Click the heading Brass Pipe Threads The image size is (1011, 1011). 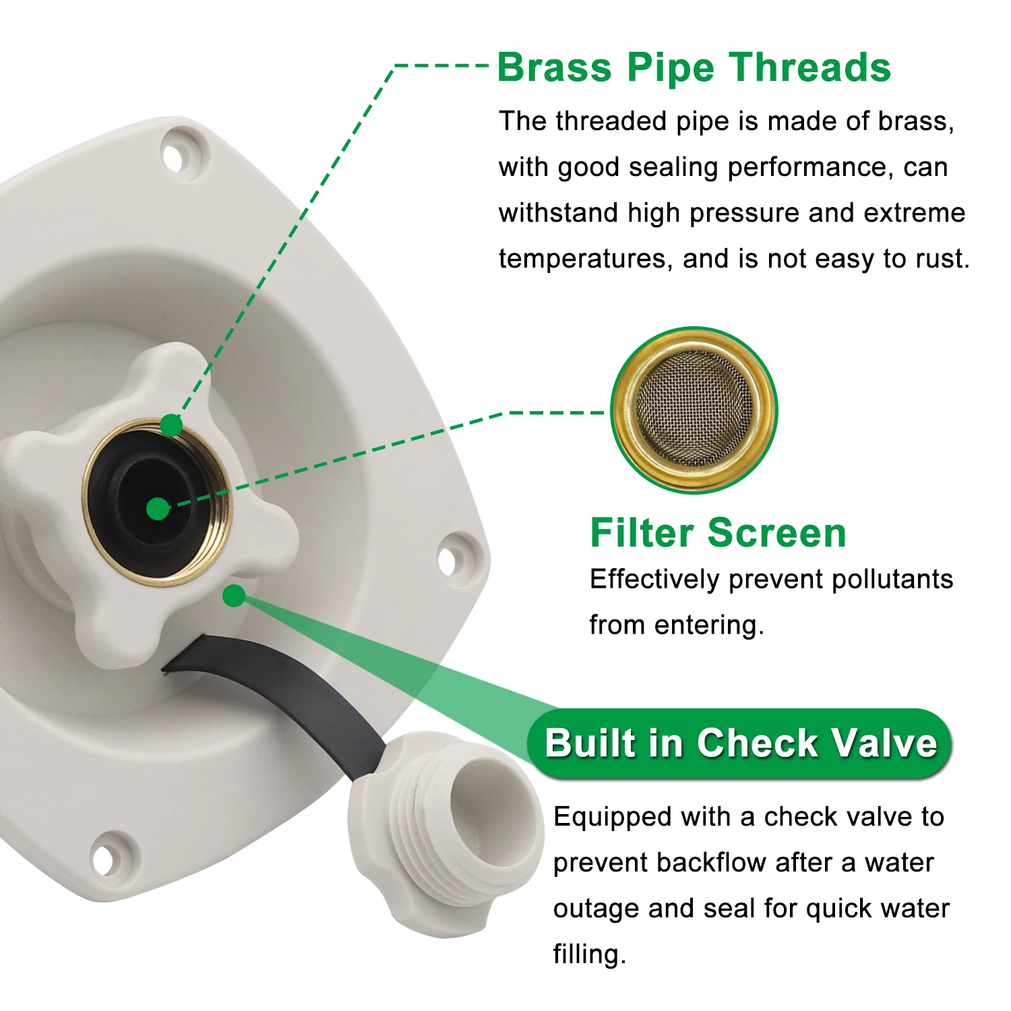click(x=694, y=68)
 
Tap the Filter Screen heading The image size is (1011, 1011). click(x=718, y=533)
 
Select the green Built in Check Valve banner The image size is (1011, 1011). click(x=740, y=743)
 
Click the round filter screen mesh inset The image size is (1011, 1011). click(x=694, y=410)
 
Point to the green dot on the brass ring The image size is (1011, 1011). click(x=171, y=425)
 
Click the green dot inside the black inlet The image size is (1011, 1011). click(x=158, y=509)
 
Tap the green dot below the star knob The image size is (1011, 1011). click(x=234, y=596)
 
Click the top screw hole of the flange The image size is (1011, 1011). click(x=175, y=157)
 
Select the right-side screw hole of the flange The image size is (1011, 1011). click(x=448, y=559)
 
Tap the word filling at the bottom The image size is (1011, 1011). click(x=588, y=955)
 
